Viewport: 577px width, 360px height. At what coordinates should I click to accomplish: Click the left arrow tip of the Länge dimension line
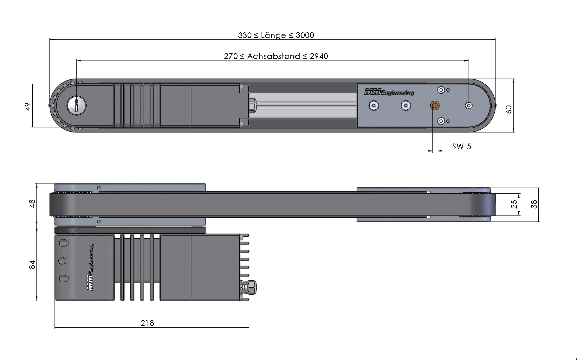(x=50, y=40)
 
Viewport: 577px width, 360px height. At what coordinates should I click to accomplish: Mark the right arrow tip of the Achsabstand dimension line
(x=469, y=60)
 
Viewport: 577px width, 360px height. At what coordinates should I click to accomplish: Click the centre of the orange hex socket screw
(x=435, y=106)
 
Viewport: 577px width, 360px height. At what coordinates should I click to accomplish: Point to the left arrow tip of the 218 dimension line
(x=55, y=328)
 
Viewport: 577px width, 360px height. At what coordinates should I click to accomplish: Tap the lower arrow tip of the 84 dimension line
(x=37, y=300)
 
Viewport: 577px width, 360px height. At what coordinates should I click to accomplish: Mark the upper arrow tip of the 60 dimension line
(x=514, y=79)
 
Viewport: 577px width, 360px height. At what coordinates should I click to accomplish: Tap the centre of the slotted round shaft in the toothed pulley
(x=76, y=105)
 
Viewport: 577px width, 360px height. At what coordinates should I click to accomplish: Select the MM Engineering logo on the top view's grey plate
(x=389, y=92)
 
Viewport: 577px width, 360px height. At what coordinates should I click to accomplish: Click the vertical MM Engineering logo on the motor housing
(x=90, y=267)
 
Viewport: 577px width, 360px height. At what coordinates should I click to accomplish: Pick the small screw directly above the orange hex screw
(x=441, y=90)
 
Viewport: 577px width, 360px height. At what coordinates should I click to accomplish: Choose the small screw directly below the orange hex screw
(x=441, y=121)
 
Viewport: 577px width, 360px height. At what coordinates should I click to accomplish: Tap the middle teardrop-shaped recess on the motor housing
(x=63, y=261)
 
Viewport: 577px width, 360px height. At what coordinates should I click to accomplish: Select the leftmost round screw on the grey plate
(x=374, y=106)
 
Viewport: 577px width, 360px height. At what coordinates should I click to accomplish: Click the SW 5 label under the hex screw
(x=462, y=146)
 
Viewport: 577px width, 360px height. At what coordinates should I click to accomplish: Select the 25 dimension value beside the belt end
(x=514, y=204)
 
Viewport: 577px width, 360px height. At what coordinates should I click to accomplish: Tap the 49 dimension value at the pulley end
(x=28, y=107)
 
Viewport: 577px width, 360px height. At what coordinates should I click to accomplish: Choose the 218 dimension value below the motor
(x=147, y=323)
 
